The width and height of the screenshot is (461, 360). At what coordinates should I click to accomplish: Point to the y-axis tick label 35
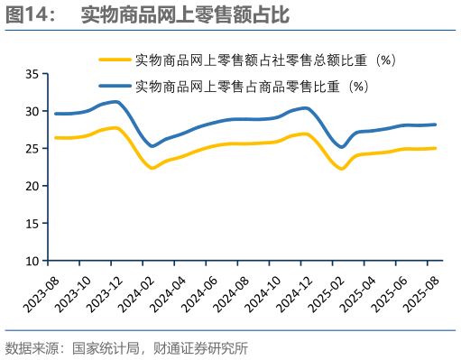[x=32, y=75]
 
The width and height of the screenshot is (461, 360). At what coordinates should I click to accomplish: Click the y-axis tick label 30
[x=32, y=112]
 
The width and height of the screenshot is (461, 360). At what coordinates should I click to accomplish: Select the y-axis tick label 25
[x=32, y=149]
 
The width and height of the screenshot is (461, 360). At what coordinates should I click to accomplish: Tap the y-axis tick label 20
[x=32, y=186]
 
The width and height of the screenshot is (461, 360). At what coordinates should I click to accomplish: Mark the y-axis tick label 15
[x=32, y=224]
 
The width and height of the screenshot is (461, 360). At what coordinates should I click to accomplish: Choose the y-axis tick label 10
[x=32, y=261]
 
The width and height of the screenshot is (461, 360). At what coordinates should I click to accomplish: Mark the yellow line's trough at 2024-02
[x=152, y=168]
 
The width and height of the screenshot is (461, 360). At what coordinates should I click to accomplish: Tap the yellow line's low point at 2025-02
[x=342, y=169]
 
